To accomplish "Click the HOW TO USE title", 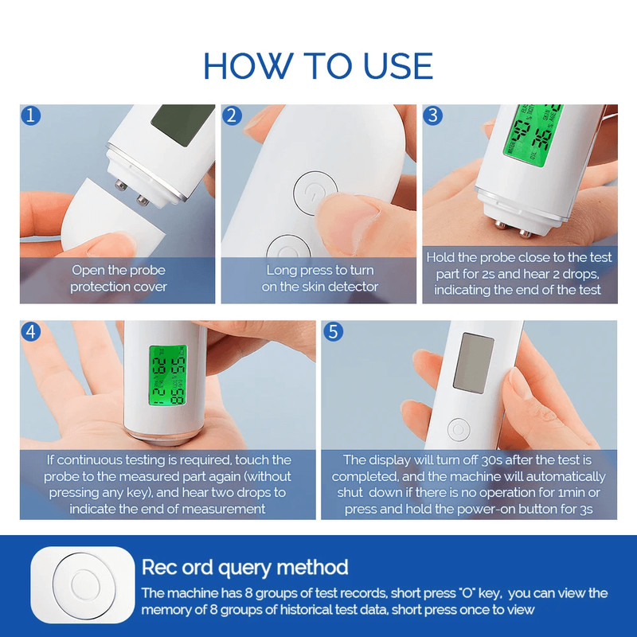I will coord(318,64).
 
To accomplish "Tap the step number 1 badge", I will coord(32,116).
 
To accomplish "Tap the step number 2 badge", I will coord(233,116).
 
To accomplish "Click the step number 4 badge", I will coord(32,332).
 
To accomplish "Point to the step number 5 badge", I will coord(333,332).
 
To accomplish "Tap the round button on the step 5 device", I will coord(459,430).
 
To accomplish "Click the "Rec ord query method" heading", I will coord(244,568).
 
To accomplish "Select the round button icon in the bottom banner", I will coord(83,585).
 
